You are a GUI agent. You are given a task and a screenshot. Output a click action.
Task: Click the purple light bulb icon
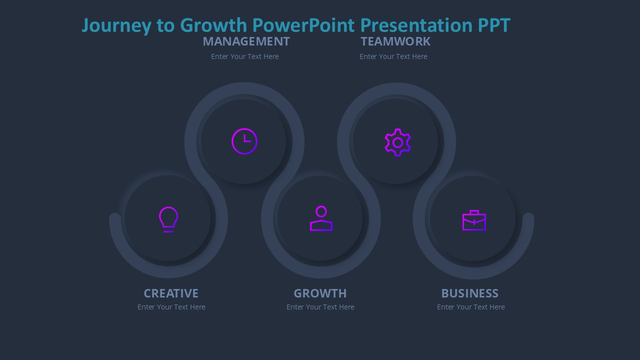coord(168,219)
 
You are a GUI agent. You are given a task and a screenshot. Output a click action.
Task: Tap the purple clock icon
coord(244,141)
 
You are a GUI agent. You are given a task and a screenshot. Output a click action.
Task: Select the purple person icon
coord(321,218)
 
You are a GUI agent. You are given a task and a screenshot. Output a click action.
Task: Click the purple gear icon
coord(397,142)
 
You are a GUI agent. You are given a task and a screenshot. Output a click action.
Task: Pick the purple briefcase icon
coord(474,220)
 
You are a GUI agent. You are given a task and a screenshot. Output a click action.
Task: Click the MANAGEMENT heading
coord(246,41)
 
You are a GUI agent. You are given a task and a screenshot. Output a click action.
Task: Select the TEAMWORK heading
coord(395,41)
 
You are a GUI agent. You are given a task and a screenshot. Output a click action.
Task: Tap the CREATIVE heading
coord(171,293)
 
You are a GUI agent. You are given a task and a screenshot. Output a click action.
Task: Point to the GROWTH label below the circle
coord(320,293)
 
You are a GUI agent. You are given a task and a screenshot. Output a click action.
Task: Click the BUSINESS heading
coord(469,293)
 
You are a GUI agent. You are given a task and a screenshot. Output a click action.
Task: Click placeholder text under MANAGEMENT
coord(245,56)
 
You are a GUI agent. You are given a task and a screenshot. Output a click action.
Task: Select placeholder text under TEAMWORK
coord(393,56)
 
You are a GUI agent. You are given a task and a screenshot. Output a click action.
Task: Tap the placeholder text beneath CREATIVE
coord(171,307)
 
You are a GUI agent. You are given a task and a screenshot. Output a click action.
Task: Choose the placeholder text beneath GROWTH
coord(320,307)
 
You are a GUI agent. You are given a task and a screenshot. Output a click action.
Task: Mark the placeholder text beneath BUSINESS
coord(471,307)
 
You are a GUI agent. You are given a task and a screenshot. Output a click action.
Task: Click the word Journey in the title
coord(115,25)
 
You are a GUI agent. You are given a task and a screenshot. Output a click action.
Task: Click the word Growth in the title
coord(213,25)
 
